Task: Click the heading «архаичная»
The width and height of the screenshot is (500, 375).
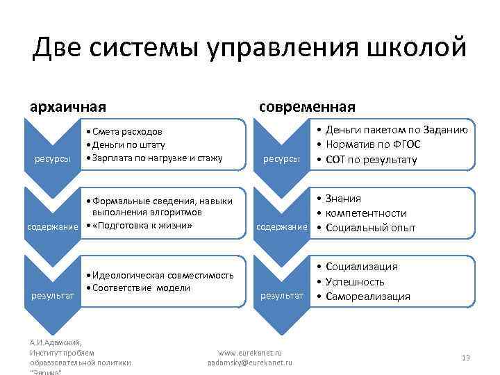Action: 67,107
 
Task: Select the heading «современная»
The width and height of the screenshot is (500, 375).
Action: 307,107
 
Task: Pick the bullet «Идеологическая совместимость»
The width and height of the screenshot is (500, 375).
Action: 162,275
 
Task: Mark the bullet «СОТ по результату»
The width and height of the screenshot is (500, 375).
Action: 374,160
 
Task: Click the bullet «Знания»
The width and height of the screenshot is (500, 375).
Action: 343,199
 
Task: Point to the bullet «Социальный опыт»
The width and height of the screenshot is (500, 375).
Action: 370,228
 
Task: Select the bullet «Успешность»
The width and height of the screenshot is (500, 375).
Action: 354,281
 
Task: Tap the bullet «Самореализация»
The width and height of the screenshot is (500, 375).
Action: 367,297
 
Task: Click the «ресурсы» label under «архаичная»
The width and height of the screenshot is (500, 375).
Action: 53,159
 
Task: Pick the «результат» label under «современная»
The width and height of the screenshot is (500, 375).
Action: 282,296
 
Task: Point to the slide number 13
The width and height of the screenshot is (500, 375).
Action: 465,357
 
